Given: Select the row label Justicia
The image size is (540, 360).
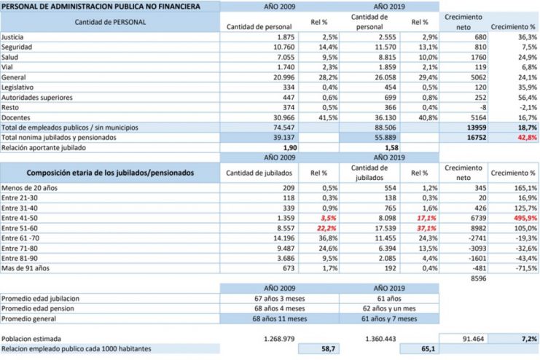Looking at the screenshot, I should tap(13, 36).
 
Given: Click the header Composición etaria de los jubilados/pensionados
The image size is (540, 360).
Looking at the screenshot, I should tap(111, 173).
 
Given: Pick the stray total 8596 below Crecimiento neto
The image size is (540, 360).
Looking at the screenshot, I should tap(478, 278).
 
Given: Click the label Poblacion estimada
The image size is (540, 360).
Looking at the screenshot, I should tap(31, 339).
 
